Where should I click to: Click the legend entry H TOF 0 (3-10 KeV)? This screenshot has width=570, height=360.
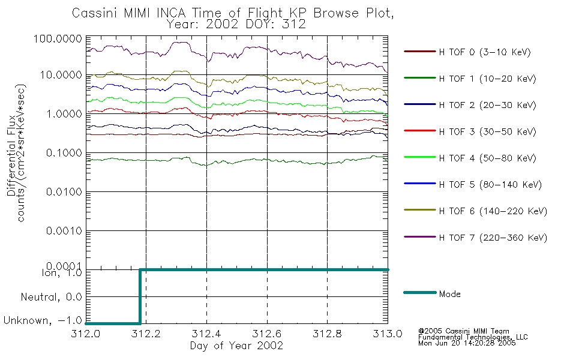click(485, 52)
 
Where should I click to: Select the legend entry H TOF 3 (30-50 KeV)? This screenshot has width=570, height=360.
click(487, 131)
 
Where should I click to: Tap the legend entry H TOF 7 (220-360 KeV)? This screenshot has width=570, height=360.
click(493, 238)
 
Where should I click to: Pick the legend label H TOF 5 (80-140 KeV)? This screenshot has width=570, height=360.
click(490, 185)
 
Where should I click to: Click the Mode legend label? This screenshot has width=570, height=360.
click(449, 294)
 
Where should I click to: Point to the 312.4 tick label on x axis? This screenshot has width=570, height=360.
click(206, 334)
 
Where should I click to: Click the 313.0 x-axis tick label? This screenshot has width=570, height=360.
click(388, 334)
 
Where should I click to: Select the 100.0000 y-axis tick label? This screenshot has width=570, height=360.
click(58, 38)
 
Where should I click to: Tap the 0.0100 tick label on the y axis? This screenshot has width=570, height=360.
click(64, 191)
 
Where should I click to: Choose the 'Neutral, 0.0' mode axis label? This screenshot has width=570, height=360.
click(51, 297)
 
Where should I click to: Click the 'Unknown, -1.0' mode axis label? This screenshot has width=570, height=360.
click(43, 320)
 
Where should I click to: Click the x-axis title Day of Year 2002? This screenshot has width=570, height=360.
click(236, 346)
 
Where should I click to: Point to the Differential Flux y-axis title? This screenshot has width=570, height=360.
click(11, 155)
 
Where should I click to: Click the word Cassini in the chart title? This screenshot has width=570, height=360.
click(95, 13)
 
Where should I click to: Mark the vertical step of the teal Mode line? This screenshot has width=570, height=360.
click(140, 296)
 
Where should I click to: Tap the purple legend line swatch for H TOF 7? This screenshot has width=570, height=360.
click(420, 237)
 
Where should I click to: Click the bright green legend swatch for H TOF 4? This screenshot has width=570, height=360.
click(420, 157)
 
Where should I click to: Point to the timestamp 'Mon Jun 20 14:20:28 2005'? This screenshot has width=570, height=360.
click(467, 343)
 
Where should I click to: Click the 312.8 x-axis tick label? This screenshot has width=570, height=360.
click(327, 334)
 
